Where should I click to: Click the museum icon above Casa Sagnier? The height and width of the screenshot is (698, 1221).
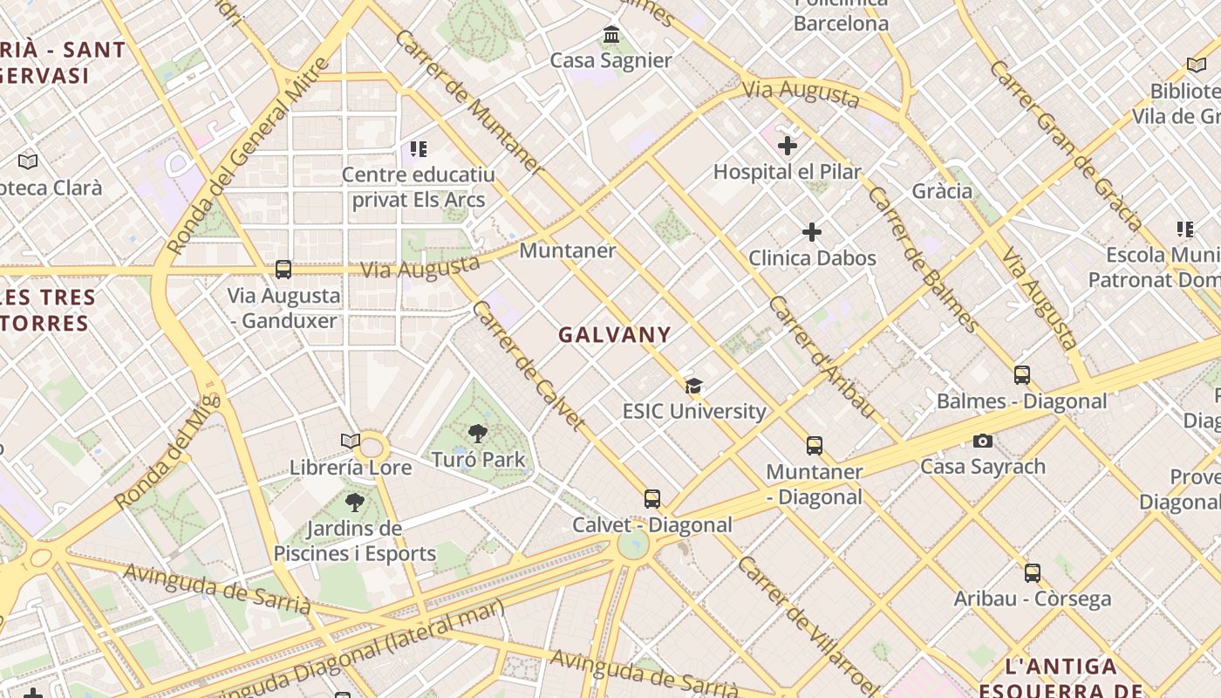611,36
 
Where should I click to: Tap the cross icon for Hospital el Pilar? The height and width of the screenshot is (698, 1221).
788,146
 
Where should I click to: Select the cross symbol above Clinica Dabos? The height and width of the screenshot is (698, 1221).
812,232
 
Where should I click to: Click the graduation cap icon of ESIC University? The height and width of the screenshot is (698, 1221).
694,386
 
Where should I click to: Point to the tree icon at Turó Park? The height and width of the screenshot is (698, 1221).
477,434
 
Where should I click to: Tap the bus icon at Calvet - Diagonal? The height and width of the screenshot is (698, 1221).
652,499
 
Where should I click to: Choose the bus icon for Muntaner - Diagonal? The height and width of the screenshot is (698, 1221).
815,446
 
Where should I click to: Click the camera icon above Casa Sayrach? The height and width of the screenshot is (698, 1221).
983,441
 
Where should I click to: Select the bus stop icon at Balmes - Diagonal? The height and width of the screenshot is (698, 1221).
1022,375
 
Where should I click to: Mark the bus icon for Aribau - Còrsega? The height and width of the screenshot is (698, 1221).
1033,573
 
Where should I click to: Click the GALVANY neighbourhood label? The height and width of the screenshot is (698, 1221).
615,334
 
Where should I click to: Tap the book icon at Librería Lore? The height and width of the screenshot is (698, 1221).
351,441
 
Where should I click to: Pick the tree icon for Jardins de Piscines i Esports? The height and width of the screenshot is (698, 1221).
354,503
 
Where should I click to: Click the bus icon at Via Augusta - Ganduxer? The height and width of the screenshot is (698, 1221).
283,270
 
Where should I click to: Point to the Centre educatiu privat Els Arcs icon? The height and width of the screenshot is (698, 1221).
419,149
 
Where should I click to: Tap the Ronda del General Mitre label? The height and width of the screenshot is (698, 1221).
249,157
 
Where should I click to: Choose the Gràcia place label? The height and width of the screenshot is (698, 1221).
942,190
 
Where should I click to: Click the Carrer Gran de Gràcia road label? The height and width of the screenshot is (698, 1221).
1065,145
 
